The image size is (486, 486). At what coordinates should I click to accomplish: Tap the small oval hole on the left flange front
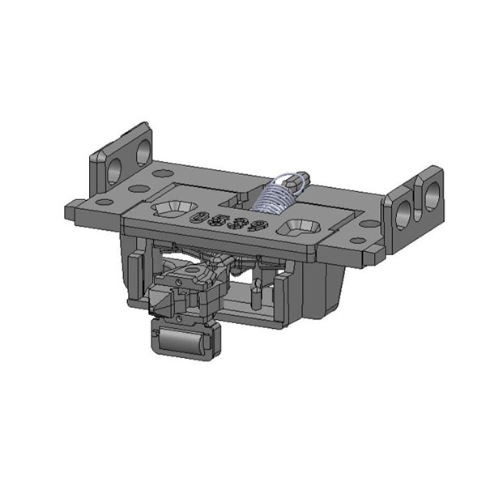[104, 202]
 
